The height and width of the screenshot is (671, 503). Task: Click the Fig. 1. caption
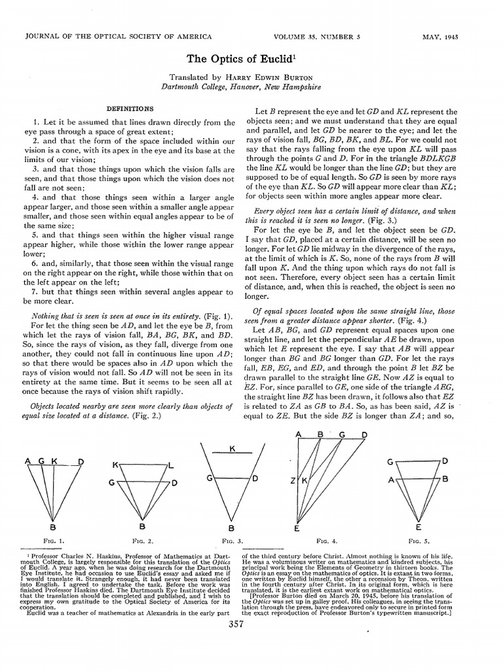[53, 541]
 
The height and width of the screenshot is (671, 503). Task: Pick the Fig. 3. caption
[232, 541]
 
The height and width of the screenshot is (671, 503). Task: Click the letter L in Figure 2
[170, 465]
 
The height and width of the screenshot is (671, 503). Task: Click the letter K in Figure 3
[232, 449]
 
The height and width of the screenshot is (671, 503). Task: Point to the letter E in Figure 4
[297, 527]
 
